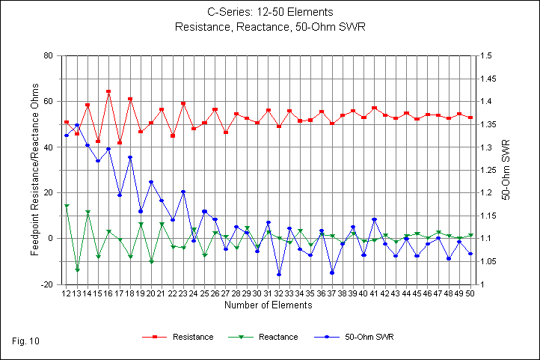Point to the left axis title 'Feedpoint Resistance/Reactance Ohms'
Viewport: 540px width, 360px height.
click(x=35, y=171)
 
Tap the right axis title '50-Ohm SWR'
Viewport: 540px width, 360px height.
click(x=506, y=169)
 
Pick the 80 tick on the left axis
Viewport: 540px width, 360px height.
click(x=47, y=56)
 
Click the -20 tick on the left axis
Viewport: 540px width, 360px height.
click(x=46, y=285)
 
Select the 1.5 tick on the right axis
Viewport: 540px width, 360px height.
click(x=485, y=56)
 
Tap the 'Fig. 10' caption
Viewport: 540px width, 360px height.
click(x=26, y=341)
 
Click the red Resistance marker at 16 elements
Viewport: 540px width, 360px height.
click(x=108, y=91)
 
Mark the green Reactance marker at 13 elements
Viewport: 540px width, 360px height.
click(x=77, y=269)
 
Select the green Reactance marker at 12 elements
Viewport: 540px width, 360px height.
click(x=67, y=206)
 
